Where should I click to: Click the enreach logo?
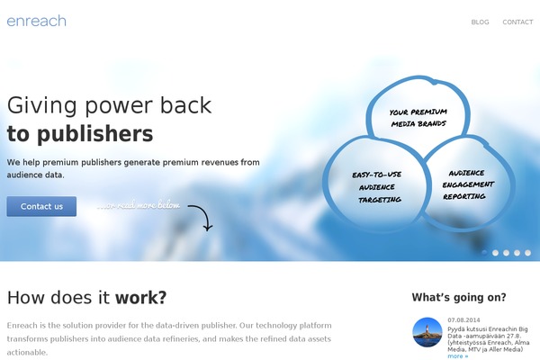coord(36,21)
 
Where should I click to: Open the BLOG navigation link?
coord(480,22)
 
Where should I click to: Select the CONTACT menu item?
coord(517,22)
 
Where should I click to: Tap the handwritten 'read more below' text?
coord(139,205)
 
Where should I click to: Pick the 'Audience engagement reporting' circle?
coord(467,184)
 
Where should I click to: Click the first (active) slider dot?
coord(484,253)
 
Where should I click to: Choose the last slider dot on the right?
coord(528,253)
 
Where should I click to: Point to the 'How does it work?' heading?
coord(86,297)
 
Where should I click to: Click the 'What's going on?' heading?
coord(459,297)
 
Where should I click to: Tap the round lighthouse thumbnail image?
coord(427,332)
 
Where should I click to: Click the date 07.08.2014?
coord(465,320)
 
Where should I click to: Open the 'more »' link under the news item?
coord(457,355)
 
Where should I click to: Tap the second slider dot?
coord(495,253)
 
